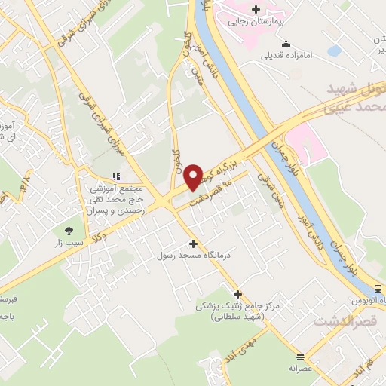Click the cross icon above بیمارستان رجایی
pyautogui.click(x=256, y=10)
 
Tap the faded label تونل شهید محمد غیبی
pyautogui.click(x=355, y=97)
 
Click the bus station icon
pyautogui.click(x=378, y=289)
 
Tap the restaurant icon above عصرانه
pyautogui.click(x=300, y=357)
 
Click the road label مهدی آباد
pyautogui.click(x=247, y=349)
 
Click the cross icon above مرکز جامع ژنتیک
pyautogui.click(x=238, y=294)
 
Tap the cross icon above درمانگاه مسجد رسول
pyautogui.click(x=194, y=244)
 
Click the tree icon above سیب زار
pyautogui.click(x=70, y=231)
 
